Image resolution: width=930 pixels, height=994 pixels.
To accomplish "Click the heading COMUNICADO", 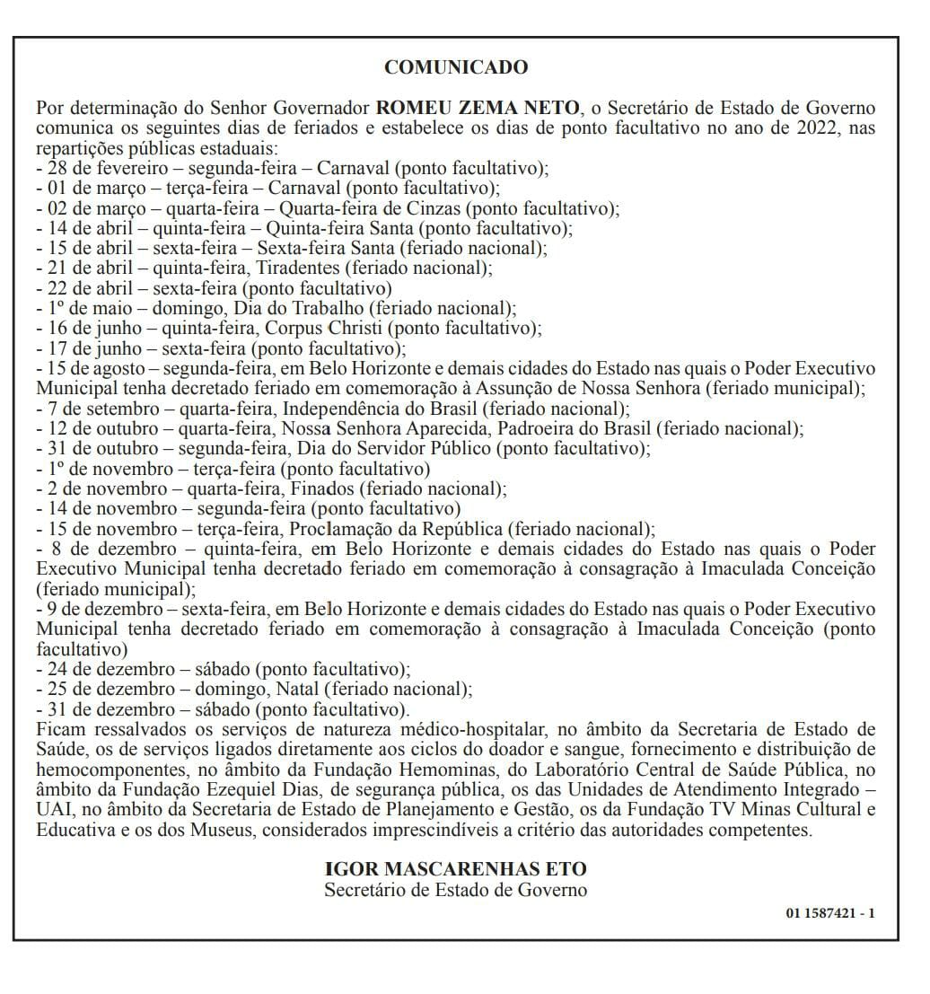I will click(x=456, y=67).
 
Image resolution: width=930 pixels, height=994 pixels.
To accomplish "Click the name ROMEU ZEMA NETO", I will click(x=478, y=109).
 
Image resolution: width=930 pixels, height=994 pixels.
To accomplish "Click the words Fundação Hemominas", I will click(x=421, y=770).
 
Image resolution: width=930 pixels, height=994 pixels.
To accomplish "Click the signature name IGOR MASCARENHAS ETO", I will click(x=455, y=869).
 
